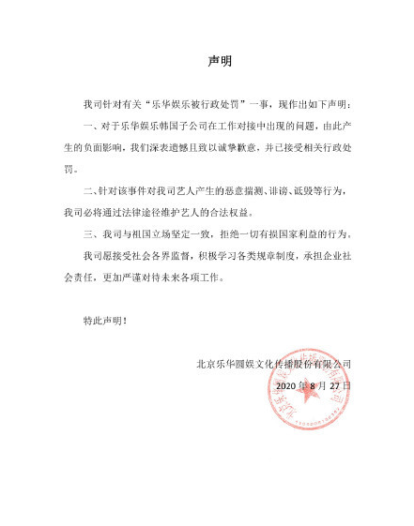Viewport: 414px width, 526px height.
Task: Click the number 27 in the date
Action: coord(338,385)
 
